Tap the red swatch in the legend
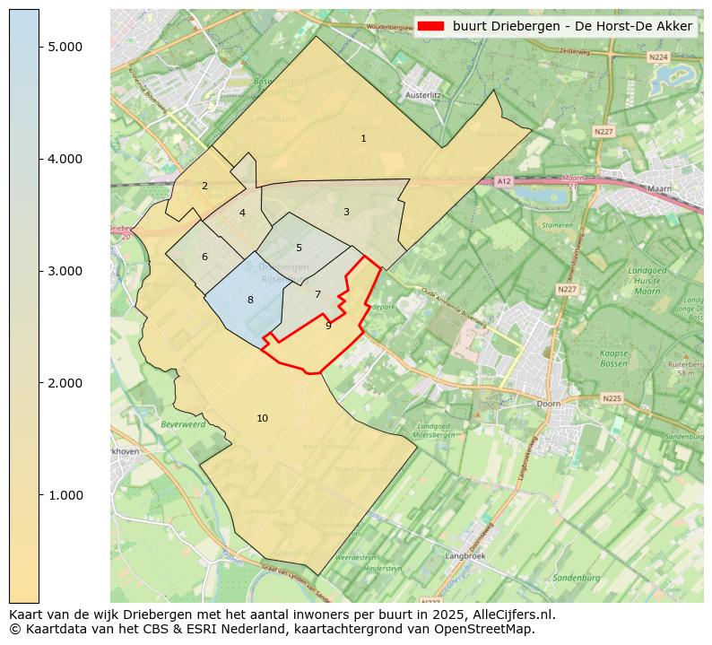click(x=430, y=26)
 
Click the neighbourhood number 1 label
click(x=363, y=139)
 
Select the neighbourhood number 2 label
click(x=204, y=187)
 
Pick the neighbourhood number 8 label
click(x=250, y=300)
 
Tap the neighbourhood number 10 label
click(x=262, y=418)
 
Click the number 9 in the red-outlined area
click(x=328, y=326)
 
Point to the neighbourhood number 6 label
click(x=204, y=257)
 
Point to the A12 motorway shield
click(x=504, y=181)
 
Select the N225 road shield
click(x=612, y=397)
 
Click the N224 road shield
click(x=658, y=57)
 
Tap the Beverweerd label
click(x=183, y=423)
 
